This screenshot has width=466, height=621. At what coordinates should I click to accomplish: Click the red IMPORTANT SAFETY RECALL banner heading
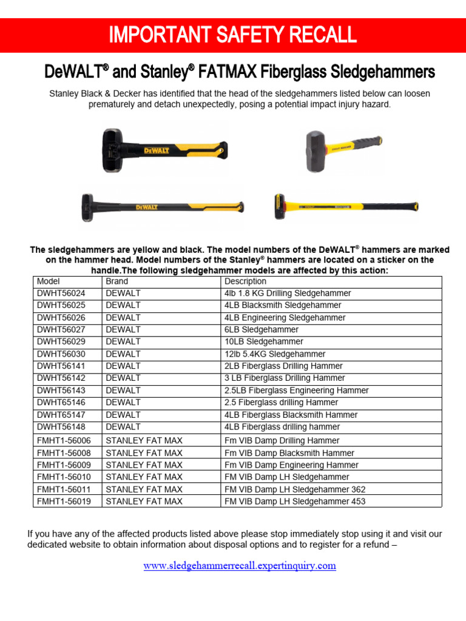point(232,35)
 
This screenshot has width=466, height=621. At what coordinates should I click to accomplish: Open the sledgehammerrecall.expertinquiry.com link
point(239,566)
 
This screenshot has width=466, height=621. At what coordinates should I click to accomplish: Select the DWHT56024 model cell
point(61,293)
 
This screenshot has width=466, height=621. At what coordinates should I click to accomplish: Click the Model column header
point(48,281)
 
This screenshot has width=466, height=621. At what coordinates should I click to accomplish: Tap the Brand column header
point(117,281)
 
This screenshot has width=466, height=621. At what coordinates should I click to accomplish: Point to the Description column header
point(245,281)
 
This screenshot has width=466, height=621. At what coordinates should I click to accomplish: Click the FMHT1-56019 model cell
point(65,502)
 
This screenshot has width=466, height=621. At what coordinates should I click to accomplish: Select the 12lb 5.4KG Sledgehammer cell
point(274,354)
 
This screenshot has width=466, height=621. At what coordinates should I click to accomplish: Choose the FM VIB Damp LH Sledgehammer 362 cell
point(295,489)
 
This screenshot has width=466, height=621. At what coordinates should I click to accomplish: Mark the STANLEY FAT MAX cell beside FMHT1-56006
point(144,441)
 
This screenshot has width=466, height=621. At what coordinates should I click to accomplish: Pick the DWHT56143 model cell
point(61,391)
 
